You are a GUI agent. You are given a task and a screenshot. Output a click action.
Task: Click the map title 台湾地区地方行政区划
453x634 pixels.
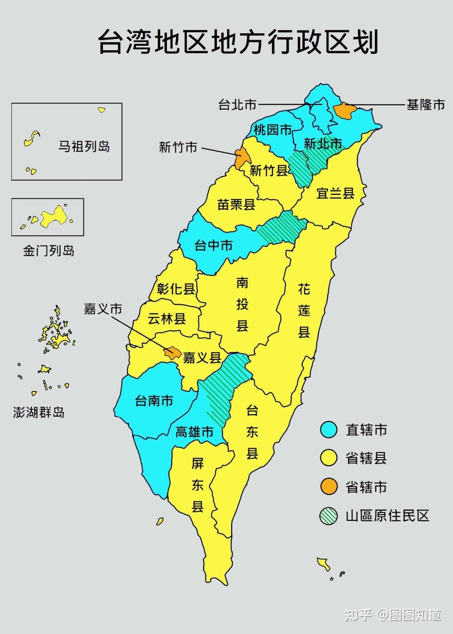pos(238,42)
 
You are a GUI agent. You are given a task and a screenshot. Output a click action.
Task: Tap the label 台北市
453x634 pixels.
pos(237,104)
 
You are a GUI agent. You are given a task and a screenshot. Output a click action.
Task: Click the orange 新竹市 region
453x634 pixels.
pos(242,158)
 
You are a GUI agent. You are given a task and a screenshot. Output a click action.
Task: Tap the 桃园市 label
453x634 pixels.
pos(272,130)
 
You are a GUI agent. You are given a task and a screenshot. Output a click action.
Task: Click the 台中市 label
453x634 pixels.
pos(213,245)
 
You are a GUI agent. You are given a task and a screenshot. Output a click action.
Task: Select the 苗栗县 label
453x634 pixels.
pos(236,205)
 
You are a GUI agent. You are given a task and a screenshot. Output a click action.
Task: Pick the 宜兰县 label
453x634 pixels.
pos(335,193)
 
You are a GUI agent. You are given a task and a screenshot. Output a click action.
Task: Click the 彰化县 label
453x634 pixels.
pos(176,289)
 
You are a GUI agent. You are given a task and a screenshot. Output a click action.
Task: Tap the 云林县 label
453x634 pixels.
pos(167,319)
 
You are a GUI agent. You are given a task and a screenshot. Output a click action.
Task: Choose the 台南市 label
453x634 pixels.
pos(154,401)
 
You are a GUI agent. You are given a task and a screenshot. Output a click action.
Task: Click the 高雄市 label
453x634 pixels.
pos(194,432)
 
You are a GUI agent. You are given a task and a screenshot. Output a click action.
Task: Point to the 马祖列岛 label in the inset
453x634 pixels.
pos(84,146)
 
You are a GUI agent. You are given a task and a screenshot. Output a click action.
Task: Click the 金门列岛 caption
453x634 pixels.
pos(49,251)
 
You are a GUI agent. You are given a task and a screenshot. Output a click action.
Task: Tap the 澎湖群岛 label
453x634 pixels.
pos(39,412)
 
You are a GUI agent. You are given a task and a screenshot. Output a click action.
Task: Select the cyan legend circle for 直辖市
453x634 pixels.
pos(328,430)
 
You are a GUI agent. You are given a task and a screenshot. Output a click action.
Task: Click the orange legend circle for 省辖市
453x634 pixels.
pos(328,487)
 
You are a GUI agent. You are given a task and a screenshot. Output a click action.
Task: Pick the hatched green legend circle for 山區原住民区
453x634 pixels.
pos(328,516)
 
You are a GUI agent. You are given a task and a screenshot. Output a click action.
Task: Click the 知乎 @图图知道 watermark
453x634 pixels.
pos(393,615)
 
